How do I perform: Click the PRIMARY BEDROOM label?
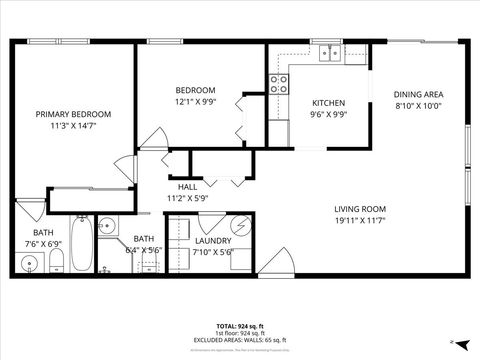pos(73,115)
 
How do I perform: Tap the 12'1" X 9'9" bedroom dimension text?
pos(195,101)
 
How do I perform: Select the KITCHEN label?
pos(329,103)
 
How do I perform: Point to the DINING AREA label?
pos(418,94)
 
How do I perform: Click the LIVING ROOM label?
pos(361,208)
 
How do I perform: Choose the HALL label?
pos(187,187)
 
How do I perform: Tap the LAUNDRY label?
pos(215,241)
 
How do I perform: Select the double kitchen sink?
pos(327,54)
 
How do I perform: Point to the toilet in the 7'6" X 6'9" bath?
pos(57,261)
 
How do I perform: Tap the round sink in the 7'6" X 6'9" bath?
pos(29,265)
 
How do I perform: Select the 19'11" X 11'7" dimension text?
pos(361,219)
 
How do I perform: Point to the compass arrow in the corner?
pos(455,341)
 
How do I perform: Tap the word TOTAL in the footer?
pos(226,326)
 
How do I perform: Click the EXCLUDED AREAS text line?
pos(240,341)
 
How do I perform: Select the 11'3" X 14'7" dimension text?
pos(73,126)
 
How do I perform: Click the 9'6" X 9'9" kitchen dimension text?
pos(329,114)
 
